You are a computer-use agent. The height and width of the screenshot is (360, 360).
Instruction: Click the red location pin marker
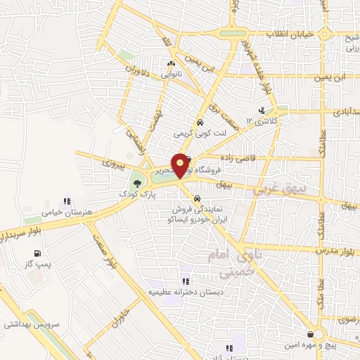coord(181,165)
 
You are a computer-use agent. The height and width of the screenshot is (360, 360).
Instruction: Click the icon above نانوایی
coord(171,64)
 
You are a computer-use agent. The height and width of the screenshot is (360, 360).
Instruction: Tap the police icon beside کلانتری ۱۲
coord(262,110)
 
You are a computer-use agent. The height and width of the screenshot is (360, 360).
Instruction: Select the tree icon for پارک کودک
coord(137,184)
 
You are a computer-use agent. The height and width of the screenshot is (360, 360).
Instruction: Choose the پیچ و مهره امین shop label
coord(329,345)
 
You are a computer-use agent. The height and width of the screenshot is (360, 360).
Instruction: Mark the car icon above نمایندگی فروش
coord(198,198)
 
